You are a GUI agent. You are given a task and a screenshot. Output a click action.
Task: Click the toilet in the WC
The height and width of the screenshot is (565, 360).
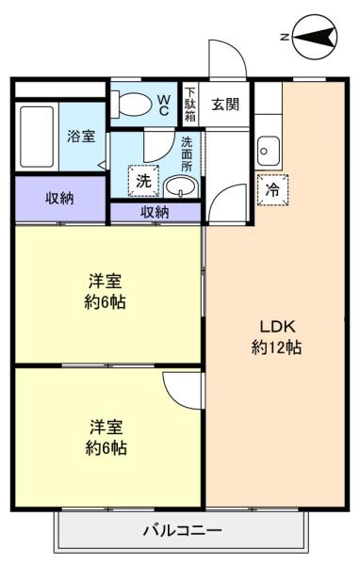(x=131, y=105)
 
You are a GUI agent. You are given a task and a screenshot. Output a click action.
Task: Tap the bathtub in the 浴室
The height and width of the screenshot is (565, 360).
(x=37, y=137)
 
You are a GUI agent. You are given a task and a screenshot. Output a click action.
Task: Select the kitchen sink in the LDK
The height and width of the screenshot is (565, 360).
(x=268, y=151)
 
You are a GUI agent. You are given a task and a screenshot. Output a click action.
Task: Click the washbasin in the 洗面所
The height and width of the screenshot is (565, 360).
(x=181, y=186)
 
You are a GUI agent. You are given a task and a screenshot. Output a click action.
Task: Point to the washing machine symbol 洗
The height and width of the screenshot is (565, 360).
(x=143, y=181)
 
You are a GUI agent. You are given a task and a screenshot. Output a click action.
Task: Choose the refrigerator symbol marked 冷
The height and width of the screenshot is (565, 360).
(x=272, y=189)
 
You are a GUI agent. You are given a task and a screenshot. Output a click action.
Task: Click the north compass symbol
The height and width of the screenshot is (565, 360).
(x=315, y=37)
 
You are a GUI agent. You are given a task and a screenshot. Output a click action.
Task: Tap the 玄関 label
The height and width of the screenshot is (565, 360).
(x=225, y=105)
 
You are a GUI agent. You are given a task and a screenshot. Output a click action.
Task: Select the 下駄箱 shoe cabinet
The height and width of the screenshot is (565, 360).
(x=190, y=105)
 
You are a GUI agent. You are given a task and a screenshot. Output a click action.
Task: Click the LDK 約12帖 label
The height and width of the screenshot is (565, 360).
(x=277, y=337)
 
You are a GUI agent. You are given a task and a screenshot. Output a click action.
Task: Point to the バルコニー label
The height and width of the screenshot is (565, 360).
(x=183, y=530)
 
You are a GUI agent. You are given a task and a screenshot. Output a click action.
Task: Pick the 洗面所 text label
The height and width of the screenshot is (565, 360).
(x=187, y=153)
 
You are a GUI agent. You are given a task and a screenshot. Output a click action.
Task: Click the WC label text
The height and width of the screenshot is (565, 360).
(x=163, y=105)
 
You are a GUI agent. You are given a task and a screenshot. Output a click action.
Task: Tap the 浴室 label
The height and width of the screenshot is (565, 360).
(x=81, y=137)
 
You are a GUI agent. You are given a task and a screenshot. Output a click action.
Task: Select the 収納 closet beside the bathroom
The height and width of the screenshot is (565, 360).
(x=60, y=199)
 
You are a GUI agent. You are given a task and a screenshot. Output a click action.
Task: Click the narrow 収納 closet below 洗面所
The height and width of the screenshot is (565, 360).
(x=155, y=212)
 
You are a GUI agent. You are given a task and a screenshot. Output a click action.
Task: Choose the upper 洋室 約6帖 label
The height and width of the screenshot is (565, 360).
(x=105, y=291)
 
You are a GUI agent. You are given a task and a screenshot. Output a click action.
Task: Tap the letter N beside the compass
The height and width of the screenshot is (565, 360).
(x=285, y=37)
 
